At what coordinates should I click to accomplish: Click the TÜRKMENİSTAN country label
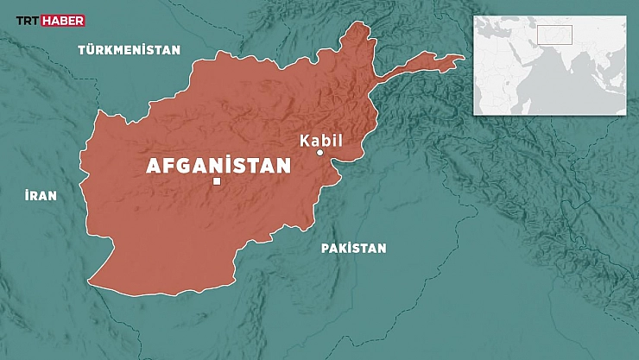click(130, 50)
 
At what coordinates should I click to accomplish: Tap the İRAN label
click(41, 196)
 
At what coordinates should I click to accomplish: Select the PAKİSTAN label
click(353, 249)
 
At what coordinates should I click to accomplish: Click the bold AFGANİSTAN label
click(218, 166)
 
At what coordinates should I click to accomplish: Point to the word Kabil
click(321, 140)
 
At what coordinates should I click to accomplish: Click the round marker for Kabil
click(319, 153)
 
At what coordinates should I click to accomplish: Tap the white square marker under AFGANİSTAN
click(217, 181)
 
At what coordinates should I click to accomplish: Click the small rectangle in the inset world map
click(554, 35)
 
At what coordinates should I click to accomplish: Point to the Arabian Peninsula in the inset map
click(528, 52)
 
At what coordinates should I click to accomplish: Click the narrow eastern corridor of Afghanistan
click(423, 62)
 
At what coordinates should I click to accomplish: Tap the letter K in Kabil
click(304, 141)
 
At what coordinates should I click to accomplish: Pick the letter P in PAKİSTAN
click(325, 249)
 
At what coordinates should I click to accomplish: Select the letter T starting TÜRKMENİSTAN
click(81, 50)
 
